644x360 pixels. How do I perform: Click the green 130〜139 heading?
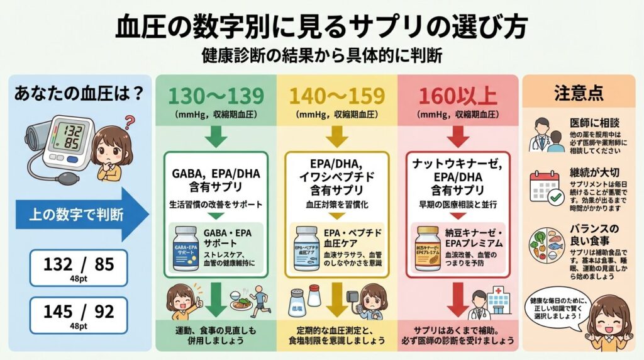[x=216, y=96]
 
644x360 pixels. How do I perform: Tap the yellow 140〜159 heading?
[x=337, y=96]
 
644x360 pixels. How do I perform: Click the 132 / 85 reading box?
[x=78, y=267]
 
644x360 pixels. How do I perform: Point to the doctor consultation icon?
[x=545, y=135]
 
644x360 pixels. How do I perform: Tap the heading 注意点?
[x=579, y=93]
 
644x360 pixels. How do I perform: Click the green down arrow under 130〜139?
[x=215, y=133]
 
